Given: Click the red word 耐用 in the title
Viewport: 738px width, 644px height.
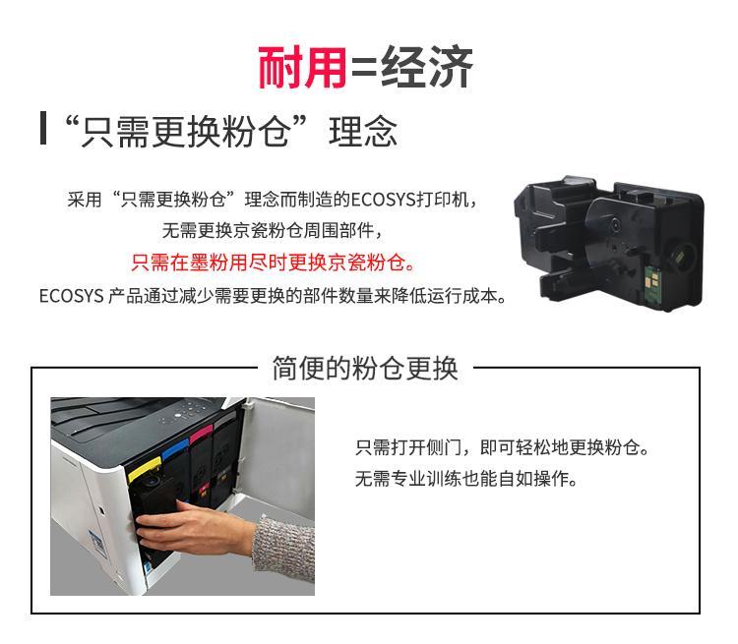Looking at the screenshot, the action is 303,67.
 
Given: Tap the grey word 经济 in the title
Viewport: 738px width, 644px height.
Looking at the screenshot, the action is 426,67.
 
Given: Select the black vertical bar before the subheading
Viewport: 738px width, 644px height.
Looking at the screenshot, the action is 43,128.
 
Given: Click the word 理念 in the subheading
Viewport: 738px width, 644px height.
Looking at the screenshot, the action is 363,132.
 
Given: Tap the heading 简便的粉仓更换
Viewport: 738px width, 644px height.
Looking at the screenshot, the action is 365,368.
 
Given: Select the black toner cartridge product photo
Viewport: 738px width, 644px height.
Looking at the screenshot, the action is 609,243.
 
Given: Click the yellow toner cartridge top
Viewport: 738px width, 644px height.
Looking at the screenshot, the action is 145,470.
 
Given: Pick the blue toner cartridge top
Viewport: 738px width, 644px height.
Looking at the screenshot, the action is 174,452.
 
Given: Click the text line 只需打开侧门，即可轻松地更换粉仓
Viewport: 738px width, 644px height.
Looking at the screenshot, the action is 502,447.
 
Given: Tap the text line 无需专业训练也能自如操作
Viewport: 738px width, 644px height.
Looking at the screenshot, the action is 466,479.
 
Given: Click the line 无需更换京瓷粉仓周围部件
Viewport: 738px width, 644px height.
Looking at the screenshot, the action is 272,230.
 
